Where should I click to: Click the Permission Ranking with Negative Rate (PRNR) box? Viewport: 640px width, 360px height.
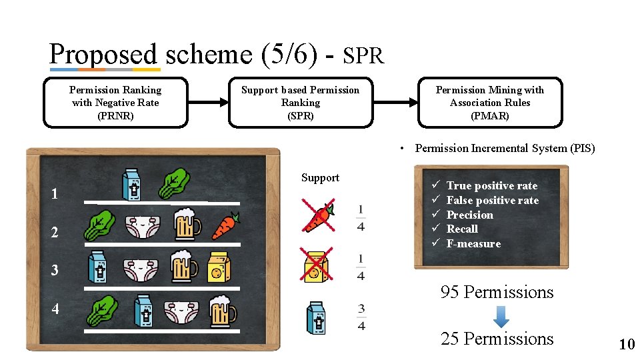[115, 103]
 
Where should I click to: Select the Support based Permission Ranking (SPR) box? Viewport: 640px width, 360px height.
[300, 103]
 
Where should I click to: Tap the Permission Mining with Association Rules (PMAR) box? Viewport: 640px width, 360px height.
[490, 103]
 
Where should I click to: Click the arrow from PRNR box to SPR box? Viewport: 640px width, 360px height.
[209, 103]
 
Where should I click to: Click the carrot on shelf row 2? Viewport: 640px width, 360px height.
[225, 226]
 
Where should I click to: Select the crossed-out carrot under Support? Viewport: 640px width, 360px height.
[319, 215]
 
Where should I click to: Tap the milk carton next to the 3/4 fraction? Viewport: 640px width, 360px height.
[316, 317]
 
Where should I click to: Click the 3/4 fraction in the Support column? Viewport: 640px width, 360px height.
[361, 317]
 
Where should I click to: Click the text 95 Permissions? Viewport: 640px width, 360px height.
[497, 292]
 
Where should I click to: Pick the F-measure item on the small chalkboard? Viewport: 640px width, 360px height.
[473, 244]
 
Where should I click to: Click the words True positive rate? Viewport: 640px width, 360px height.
[491, 186]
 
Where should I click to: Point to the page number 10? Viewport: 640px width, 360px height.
[627, 345]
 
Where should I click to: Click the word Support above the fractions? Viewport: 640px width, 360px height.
[320, 178]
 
